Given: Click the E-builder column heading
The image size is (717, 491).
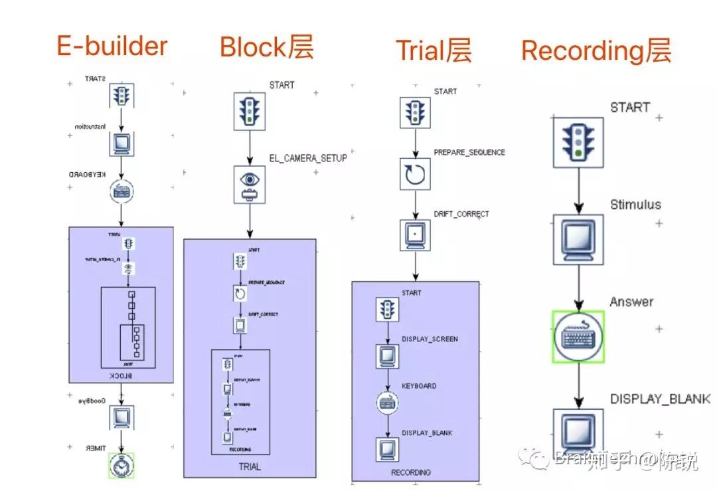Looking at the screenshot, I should point(112,47).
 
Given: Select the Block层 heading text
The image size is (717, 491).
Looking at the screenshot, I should point(266,48).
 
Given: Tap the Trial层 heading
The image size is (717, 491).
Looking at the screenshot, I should point(434,50).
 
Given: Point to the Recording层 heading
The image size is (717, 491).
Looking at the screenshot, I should point(596,50).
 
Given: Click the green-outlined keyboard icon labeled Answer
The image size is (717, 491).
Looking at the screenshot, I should point(578,337).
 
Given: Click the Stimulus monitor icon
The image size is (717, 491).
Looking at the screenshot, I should point(578,238).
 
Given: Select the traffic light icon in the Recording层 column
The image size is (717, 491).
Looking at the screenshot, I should point(578,142).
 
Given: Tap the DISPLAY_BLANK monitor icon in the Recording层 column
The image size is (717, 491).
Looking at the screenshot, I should point(578,433).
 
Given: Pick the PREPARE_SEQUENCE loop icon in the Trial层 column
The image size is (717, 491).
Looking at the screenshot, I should point(416,174).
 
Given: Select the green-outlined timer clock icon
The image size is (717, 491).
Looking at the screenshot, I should point(121,466).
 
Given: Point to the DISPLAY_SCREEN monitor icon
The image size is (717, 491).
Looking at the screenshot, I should point(386,356).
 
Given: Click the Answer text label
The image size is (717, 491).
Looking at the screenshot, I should point(631,302).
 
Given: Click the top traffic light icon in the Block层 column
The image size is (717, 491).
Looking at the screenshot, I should point(250,111).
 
